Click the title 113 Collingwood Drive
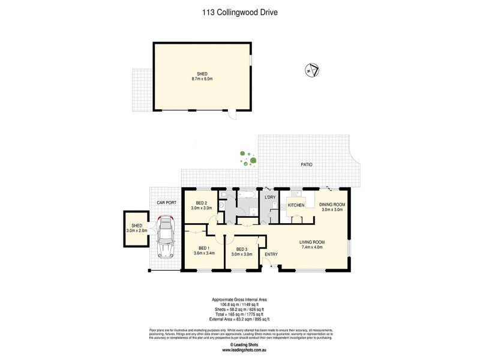click(x=239, y=11)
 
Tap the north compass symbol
click(x=312, y=70)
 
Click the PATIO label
click(x=306, y=164)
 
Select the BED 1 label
click(x=204, y=251)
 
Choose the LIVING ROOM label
click(x=312, y=244)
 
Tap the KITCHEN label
click(x=296, y=206)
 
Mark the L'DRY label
click(x=270, y=197)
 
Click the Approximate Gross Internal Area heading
click(x=239, y=299)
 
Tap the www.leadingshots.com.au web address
click(x=239, y=349)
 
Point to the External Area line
click(x=239, y=319)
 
